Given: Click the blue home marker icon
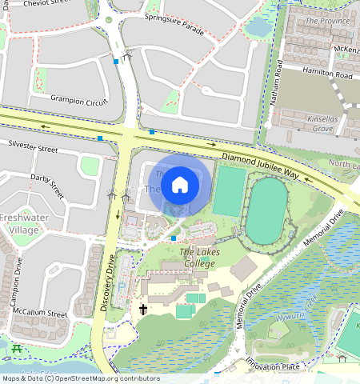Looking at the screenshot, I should click(x=180, y=186).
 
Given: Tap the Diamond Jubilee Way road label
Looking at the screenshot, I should click(x=260, y=164).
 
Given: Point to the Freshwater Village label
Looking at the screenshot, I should click(x=23, y=223).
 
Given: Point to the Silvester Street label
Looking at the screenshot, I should click(x=33, y=148).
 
